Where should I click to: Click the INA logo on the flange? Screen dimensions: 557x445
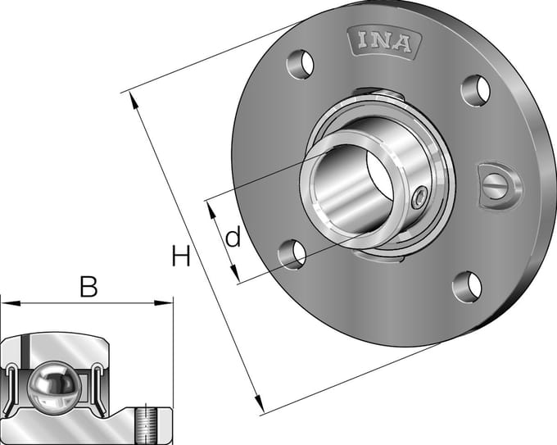coord(385,42)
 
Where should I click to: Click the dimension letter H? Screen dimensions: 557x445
coord(181,256)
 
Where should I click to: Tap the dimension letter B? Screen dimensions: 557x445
coord(88,287)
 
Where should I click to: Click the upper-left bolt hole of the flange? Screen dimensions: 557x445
coord(301,65)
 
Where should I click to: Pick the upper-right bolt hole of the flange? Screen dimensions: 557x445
coord(476,90)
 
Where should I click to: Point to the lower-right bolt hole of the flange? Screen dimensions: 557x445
coord(468,287)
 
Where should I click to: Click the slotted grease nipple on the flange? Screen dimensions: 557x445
coord(499,186)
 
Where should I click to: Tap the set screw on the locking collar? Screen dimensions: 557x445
coord(419,198)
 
